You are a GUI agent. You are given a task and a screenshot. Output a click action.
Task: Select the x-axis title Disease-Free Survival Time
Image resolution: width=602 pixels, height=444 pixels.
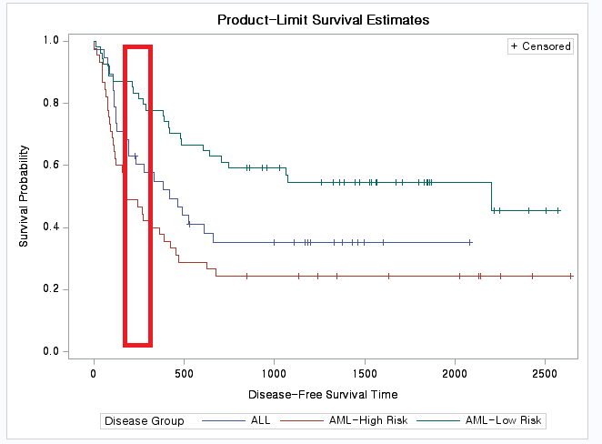coord(322,395)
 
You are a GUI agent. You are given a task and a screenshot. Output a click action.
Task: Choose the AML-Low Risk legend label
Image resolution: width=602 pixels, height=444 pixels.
coord(502,421)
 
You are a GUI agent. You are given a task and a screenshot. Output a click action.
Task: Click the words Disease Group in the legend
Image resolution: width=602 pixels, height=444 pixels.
coord(145,421)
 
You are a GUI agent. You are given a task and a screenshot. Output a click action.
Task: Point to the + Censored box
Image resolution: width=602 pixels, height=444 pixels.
coord(540,46)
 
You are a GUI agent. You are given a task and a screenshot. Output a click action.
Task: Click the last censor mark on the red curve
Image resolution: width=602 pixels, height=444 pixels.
coord(570,276)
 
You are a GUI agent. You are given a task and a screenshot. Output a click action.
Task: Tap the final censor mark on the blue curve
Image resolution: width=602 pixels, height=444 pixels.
coord(469,243)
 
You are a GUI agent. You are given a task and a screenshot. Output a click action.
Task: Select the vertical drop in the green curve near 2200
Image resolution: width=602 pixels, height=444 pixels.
coord(491,196)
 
